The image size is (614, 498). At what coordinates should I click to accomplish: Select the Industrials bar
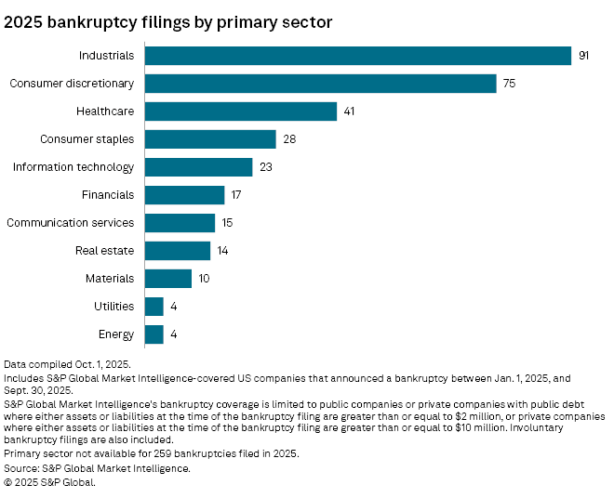[358, 56]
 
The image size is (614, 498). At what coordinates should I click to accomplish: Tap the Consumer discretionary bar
[321, 84]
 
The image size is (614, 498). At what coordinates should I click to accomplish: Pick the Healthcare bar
[241, 111]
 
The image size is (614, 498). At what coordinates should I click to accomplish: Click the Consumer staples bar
[211, 139]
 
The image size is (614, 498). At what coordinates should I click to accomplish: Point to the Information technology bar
[199, 167]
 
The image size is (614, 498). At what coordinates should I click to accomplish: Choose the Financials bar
[185, 195]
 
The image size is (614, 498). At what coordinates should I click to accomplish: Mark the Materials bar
[168, 279]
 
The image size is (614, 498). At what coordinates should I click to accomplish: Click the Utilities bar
[154, 307]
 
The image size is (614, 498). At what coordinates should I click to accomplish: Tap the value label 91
[584, 56]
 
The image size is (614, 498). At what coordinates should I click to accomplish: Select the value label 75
[509, 84]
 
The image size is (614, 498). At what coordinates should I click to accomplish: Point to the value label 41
[349, 111]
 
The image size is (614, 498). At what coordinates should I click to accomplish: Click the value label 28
[289, 139]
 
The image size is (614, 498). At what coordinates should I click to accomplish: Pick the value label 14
[222, 251]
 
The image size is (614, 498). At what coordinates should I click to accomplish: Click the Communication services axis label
[71, 223]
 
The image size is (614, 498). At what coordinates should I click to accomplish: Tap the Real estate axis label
[104, 251]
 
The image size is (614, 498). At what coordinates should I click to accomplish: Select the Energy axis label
[115, 334]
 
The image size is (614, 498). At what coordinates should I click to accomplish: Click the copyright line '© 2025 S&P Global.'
[50, 482]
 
